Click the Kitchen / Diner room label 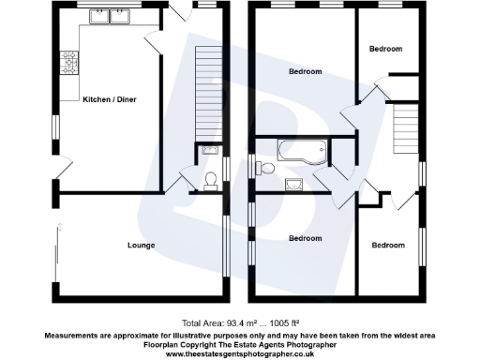(110, 98)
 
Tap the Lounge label (142, 246)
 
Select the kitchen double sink (111, 16)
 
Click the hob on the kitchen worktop (68, 63)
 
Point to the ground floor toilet (210, 179)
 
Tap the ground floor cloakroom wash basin (209, 150)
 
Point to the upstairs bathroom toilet (267, 167)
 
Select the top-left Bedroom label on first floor (305, 71)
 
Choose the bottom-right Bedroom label (388, 246)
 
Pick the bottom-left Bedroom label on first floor (306, 238)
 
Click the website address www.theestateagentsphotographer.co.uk (240, 353)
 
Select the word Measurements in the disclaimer (73, 334)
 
